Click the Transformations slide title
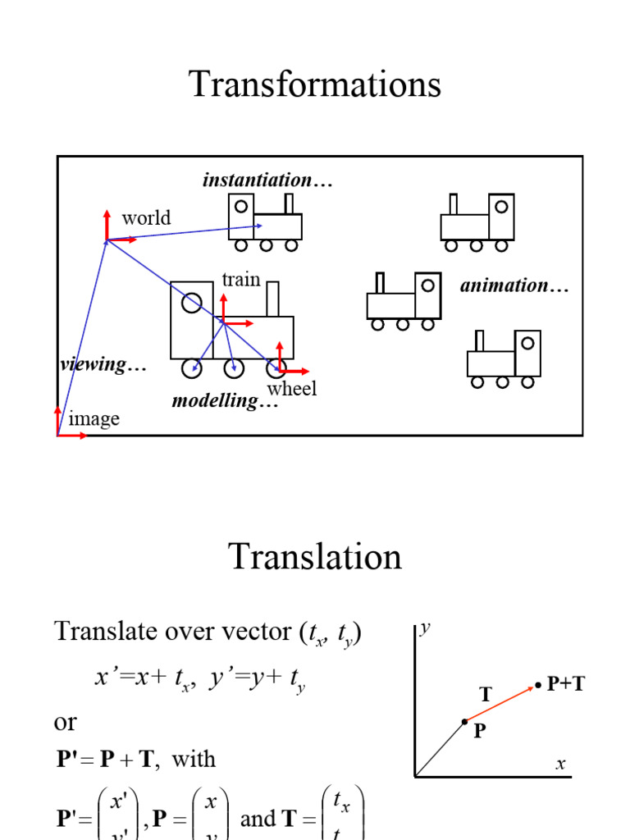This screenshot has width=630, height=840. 315,84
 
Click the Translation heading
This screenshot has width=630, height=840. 315,557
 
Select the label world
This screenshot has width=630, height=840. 146,217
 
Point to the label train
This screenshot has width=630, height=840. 241,279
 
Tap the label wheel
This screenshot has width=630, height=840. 292,388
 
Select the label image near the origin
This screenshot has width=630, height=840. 94,419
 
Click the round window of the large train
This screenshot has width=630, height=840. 192,303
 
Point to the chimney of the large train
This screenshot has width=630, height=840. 272,299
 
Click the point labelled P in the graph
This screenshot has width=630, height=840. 464,722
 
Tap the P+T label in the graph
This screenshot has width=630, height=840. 566,684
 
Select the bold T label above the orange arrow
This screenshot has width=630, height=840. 485,695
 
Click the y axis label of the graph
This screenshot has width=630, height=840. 426,629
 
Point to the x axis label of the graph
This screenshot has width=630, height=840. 561,764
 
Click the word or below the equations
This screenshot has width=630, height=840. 65,722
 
